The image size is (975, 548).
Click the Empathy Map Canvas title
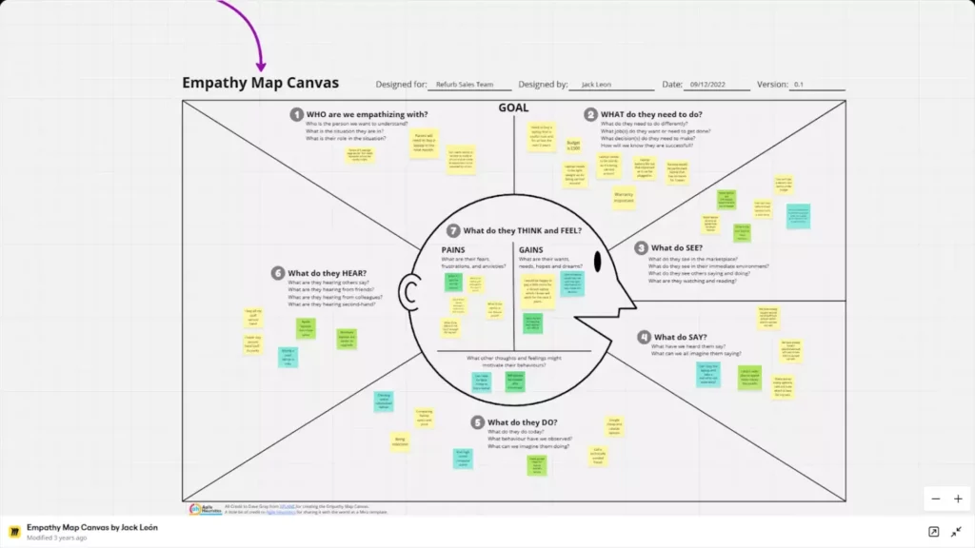260,83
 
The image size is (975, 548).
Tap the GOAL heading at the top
513,108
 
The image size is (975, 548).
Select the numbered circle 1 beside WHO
297,114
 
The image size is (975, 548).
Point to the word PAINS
453,249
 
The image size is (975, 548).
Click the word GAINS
531,249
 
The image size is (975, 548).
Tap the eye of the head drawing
597,261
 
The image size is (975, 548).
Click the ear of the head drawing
411,291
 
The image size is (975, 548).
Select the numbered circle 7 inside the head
454,230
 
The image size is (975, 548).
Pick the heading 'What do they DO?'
522,422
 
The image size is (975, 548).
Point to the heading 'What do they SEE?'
676,248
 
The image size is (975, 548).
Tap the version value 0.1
799,85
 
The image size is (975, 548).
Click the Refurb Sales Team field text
465,85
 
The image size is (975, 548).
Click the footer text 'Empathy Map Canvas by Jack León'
92,527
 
